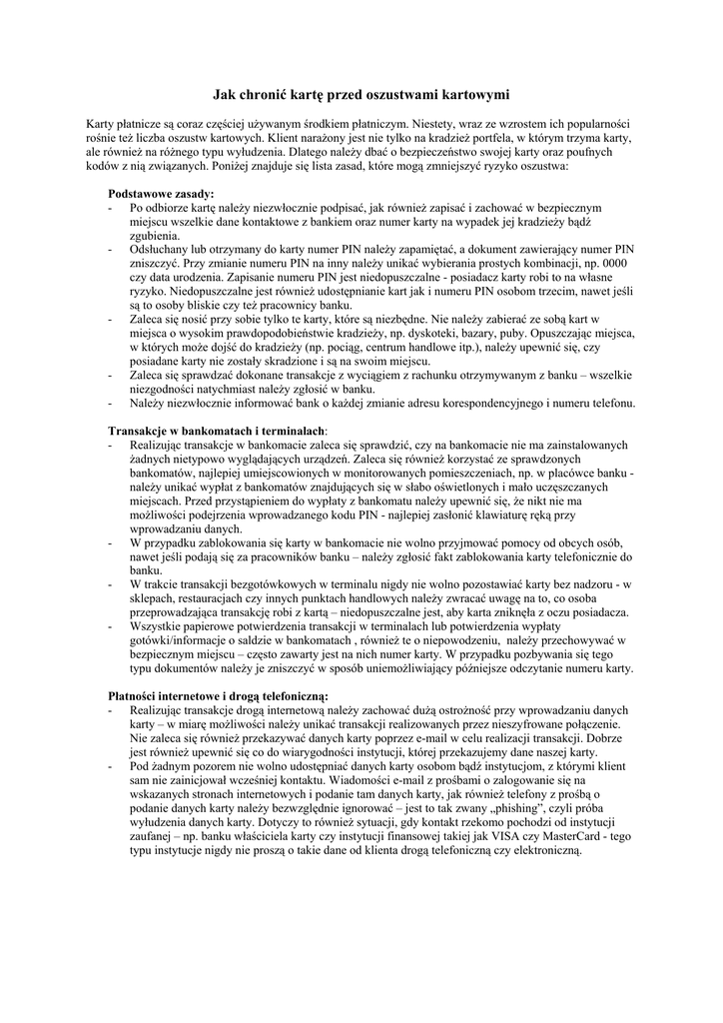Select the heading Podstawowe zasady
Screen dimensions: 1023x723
[x=161, y=193]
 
